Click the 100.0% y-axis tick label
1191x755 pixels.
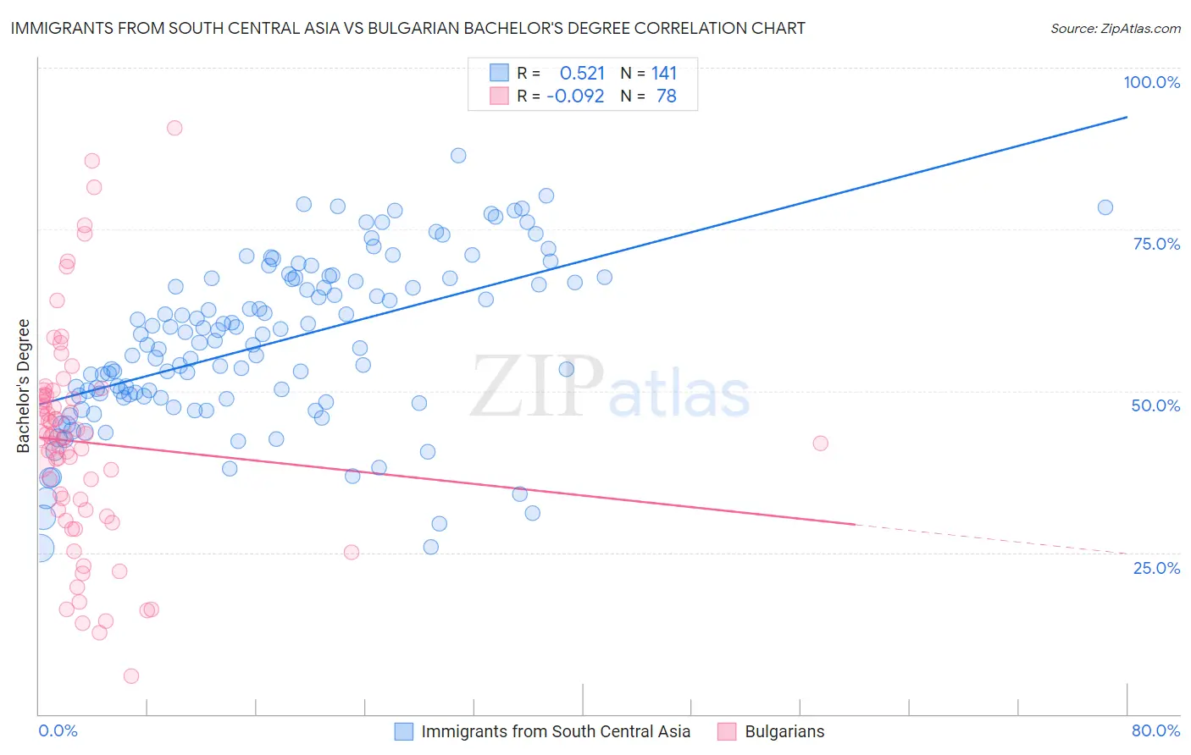click(x=1151, y=82)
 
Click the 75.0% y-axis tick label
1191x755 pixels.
click(x=1156, y=244)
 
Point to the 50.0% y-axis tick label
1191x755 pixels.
click(x=1155, y=405)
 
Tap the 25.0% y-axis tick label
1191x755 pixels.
click(x=1156, y=567)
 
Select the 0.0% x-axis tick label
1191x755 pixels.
click(x=58, y=730)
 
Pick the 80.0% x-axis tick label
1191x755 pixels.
click(x=1155, y=730)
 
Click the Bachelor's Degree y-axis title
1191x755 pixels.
click(x=24, y=386)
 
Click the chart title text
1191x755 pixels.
click(x=407, y=28)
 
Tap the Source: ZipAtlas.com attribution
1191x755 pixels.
click(x=1115, y=28)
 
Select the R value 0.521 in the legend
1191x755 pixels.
click(x=582, y=73)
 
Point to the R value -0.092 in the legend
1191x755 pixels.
click(x=575, y=96)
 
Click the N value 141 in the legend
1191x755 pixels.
click(x=664, y=73)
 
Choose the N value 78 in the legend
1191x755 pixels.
click(x=667, y=96)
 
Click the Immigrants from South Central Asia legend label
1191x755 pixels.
click(x=556, y=731)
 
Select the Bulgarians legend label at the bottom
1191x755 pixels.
click(x=784, y=731)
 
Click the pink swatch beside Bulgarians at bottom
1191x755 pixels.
click(x=727, y=731)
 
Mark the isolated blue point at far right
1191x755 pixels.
click(x=1105, y=207)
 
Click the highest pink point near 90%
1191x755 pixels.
click(x=174, y=128)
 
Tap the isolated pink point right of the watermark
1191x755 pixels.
click(x=820, y=443)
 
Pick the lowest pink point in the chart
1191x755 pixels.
click(x=131, y=675)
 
